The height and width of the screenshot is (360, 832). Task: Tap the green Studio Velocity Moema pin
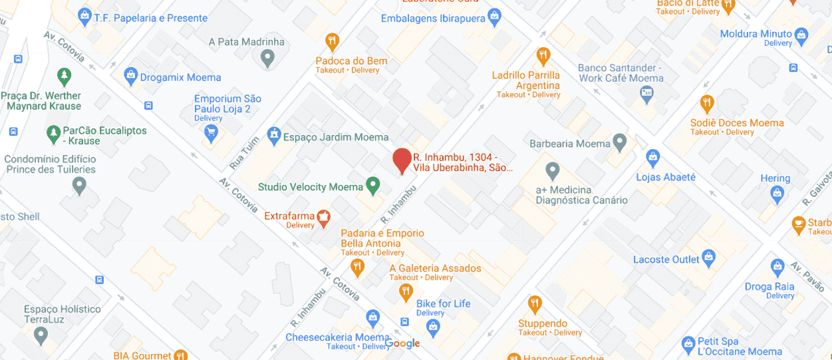(373, 186)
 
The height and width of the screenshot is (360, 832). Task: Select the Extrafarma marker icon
(324, 218)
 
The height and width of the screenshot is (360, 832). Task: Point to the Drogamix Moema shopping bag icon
(130, 77)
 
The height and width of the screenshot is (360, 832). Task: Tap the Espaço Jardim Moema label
(336, 137)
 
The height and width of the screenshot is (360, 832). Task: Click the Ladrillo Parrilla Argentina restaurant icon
(543, 55)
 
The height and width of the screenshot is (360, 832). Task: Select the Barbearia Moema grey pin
(620, 142)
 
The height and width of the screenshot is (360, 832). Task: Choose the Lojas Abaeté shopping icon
(653, 158)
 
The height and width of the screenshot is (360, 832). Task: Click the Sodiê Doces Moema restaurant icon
(707, 104)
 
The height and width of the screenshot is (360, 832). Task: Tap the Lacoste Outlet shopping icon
(709, 258)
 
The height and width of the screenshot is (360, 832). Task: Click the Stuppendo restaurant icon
(535, 304)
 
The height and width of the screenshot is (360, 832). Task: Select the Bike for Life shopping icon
(434, 326)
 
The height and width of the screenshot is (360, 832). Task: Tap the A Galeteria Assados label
(435, 268)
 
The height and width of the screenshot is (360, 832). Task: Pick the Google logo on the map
(403, 343)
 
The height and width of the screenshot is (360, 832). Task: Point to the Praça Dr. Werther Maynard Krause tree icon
(65, 76)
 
